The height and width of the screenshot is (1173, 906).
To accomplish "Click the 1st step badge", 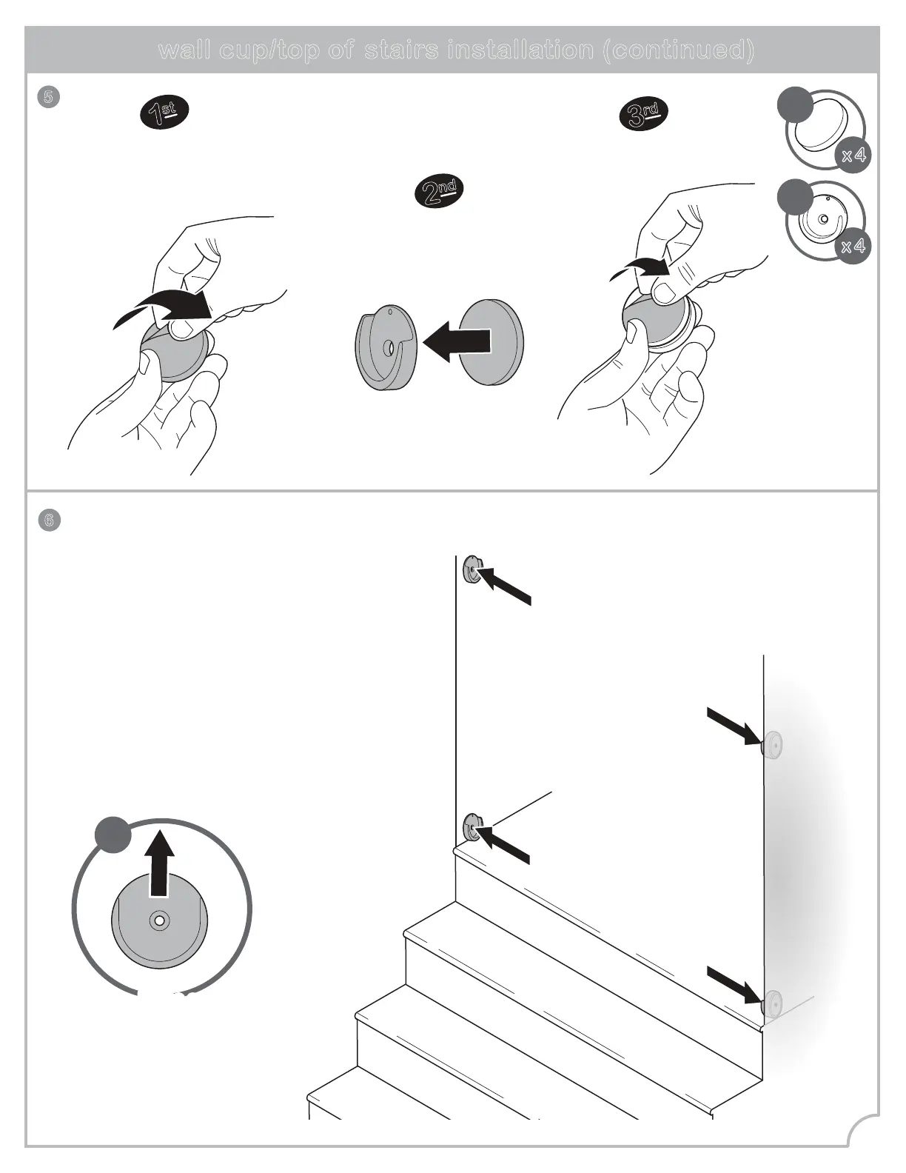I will point(164,113).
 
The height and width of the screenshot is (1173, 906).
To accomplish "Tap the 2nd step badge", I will point(439,191).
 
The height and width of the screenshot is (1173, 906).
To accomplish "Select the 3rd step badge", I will point(643,113).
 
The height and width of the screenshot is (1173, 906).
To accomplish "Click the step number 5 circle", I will point(48,97).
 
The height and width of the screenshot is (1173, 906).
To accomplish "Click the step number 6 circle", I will point(49,520).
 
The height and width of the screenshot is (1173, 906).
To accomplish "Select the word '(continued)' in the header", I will point(678,50).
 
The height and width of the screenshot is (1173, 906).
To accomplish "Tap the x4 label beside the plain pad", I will point(853,156).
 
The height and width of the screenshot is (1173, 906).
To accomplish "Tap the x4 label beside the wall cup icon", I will point(853,246).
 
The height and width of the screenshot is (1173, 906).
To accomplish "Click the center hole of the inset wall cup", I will point(159,921).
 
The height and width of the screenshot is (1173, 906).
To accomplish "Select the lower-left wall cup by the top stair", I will point(471,827).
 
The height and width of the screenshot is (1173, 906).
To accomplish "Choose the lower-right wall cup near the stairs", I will point(772,1003).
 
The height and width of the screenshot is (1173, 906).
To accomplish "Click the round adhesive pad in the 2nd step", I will point(491,342).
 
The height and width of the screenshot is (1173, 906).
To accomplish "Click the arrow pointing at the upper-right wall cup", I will point(734,726).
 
